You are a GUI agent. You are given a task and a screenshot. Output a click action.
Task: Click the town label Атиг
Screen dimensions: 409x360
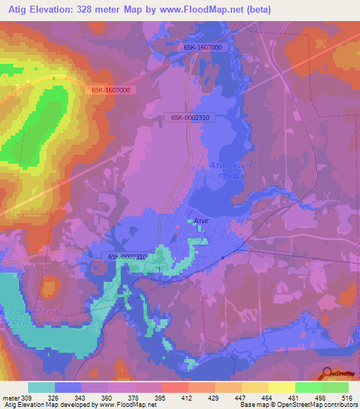(202, 221)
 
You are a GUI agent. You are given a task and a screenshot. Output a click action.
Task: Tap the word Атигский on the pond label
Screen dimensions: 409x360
(229, 166)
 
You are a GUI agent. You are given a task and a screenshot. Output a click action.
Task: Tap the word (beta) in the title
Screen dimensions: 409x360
(257, 10)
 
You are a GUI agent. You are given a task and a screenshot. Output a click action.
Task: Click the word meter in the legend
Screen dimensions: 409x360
(11, 397)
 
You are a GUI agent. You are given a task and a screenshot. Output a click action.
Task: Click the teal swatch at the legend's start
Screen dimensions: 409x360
(41, 387)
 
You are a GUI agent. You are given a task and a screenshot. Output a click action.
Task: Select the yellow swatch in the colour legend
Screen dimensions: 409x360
(281, 387)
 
